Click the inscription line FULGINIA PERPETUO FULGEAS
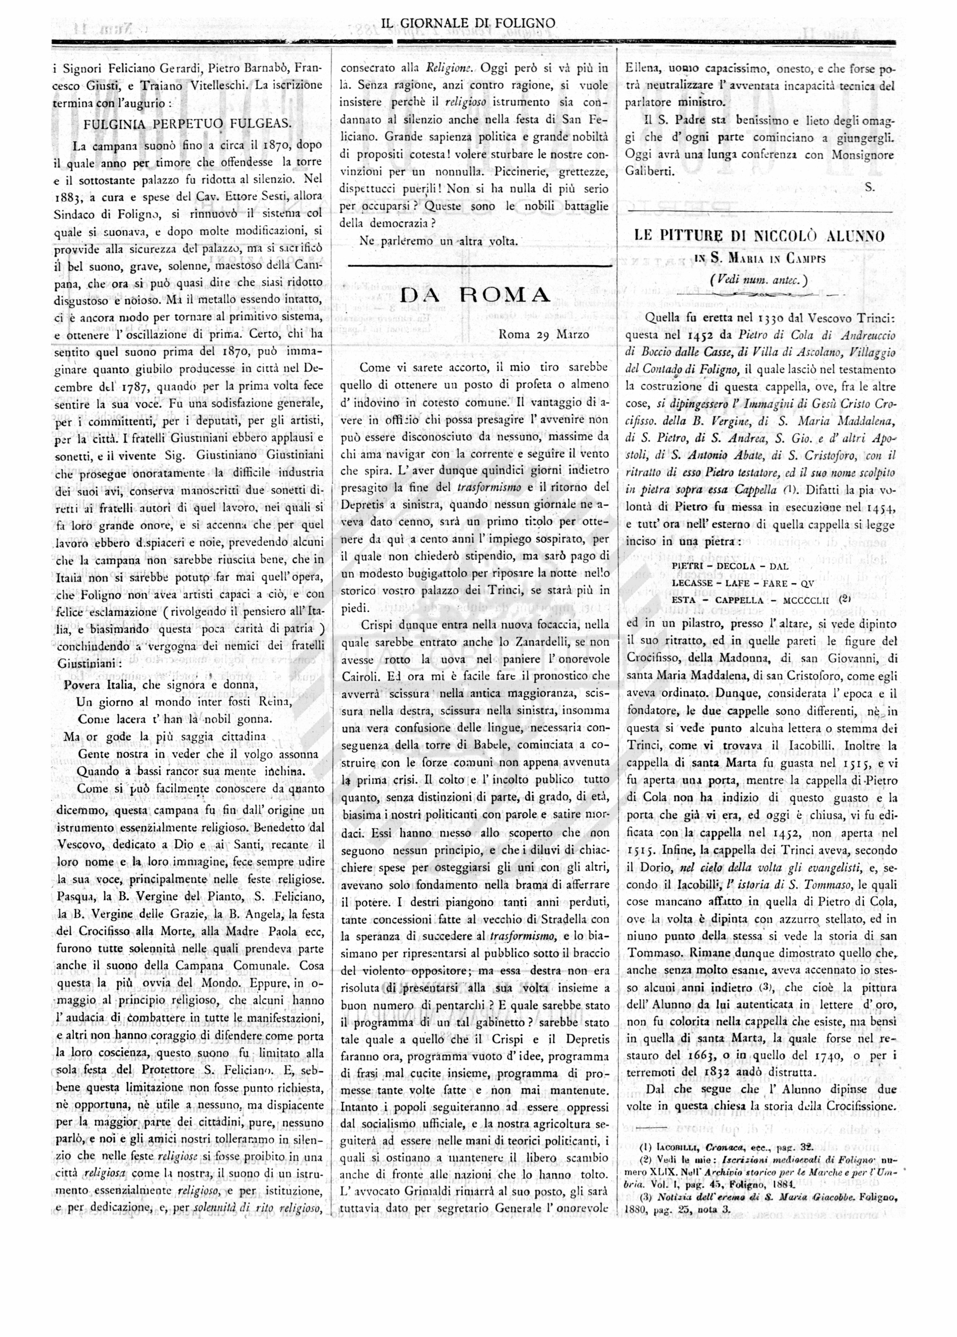[188, 124]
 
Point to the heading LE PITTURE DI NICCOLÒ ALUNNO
[759, 236]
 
